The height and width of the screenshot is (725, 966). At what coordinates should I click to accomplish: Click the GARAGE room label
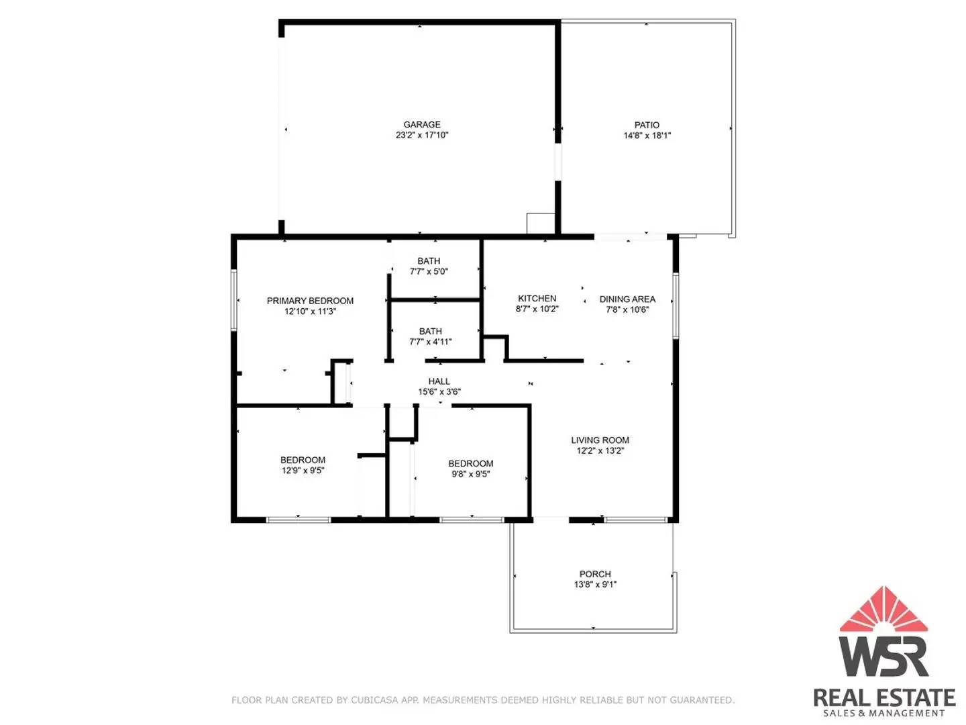tap(422, 124)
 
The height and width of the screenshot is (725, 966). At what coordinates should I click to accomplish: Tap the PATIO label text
tap(647, 125)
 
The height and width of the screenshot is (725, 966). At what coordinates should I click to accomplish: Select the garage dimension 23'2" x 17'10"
tap(422, 135)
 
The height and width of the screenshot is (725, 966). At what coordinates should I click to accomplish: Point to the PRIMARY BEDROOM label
tap(310, 301)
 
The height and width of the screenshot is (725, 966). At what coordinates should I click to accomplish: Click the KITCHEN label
tap(537, 298)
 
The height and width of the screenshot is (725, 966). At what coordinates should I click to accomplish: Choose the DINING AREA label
tap(627, 299)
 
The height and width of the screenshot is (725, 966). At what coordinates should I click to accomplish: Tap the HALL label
tap(439, 381)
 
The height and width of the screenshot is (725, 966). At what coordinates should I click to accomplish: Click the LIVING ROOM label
tap(600, 440)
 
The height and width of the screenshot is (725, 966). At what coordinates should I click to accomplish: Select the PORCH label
tap(595, 574)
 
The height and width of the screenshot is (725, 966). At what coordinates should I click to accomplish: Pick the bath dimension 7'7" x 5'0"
tap(429, 272)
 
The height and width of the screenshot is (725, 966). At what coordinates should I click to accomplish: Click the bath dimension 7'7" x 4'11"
tap(431, 342)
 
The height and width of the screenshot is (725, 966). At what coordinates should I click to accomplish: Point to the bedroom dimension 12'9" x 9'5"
tap(303, 471)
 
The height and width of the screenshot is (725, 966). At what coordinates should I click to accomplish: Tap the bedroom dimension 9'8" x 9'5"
tap(470, 474)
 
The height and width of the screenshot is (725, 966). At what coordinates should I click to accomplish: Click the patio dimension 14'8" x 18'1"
tap(647, 136)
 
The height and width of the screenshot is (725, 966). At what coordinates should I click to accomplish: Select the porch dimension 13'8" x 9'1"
tap(595, 585)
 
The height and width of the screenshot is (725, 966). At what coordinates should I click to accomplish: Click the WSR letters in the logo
tap(883, 655)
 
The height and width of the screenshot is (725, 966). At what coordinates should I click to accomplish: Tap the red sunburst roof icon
tap(883, 610)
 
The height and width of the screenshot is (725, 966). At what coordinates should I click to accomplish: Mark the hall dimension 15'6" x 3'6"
tap(439, 392)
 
